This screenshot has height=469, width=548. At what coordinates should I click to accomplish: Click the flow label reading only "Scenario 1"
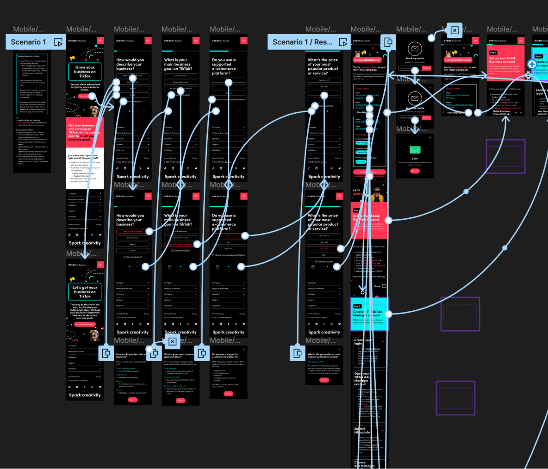(x=28, y=42)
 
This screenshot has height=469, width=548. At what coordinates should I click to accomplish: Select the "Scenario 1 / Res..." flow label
(x=302, y=42)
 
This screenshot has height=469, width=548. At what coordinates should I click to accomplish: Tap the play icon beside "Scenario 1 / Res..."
(x=343, y=42)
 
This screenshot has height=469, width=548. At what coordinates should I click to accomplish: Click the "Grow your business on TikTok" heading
(x=85, y=72)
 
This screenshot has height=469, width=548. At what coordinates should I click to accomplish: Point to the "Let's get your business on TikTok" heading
(x=85, y=292)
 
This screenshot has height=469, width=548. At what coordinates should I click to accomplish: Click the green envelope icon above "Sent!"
(x=415, y=149)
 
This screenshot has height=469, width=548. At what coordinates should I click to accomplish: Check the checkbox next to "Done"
(x=384, y=286)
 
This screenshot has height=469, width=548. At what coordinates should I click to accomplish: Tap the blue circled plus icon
(x=532, y=64)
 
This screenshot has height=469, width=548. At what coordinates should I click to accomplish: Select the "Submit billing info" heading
(x=362, y=431)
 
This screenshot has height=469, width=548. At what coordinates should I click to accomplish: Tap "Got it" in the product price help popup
(x=324, y=380)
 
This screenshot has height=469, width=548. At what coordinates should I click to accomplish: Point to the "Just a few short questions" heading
(x=83, y=156)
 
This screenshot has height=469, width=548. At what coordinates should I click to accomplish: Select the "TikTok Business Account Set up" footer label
(x=501, y=112)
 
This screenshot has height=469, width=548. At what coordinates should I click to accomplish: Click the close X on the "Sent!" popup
(x=430, y=137)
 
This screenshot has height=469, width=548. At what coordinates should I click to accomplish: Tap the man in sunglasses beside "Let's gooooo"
(x=377, y=194)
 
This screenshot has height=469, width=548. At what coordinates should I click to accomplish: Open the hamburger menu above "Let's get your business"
(x=100, y=265)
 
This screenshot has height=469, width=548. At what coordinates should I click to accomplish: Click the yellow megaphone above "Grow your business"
(x=72, y=58)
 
